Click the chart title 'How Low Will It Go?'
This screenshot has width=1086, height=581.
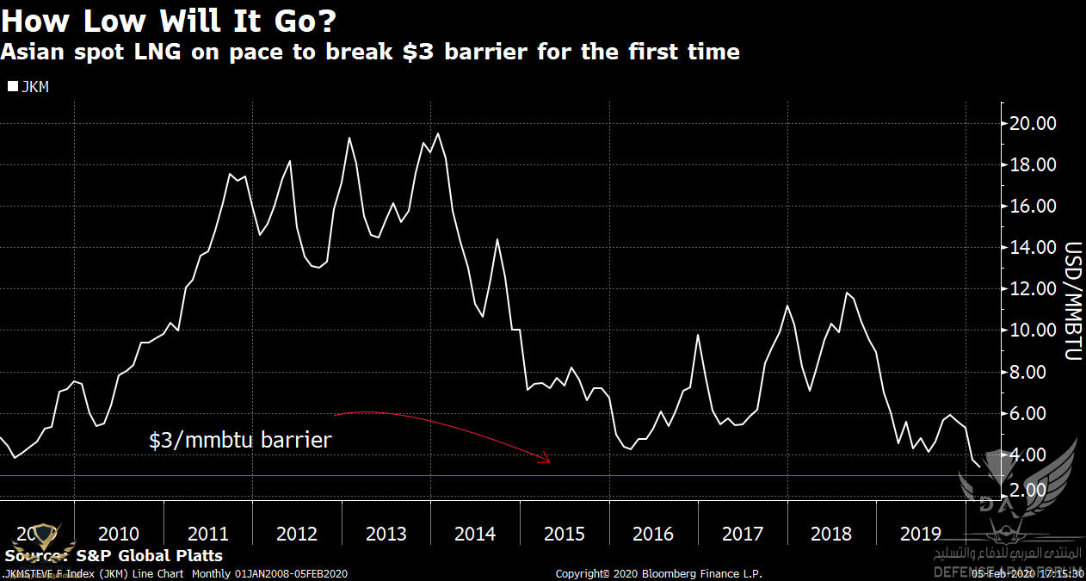[x=168, y=19]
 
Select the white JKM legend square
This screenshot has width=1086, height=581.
[x=12, y=87]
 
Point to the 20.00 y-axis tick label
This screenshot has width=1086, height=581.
[x=1032, y=123]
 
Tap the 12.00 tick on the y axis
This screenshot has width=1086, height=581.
[x=1032, y=288]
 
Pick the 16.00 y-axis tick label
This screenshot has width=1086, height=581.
[x=1032, y=206]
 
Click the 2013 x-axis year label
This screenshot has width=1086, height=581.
[x=386, y=535]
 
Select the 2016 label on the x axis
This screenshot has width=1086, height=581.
[x=653, y=535]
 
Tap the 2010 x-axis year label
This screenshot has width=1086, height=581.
[x=119, y=535]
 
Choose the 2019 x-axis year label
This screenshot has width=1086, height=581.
[x=920, y=535]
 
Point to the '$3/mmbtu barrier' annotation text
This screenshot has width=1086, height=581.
[x=240, y=440]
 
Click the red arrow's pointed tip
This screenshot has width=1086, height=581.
[x=550, y=461]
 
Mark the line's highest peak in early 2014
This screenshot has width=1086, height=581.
[x=438, y=133]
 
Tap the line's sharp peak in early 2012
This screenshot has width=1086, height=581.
[x=289, y=161]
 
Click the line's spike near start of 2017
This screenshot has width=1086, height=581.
[x=697, y=335]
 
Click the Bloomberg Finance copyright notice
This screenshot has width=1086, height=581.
[x=658, y=573]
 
